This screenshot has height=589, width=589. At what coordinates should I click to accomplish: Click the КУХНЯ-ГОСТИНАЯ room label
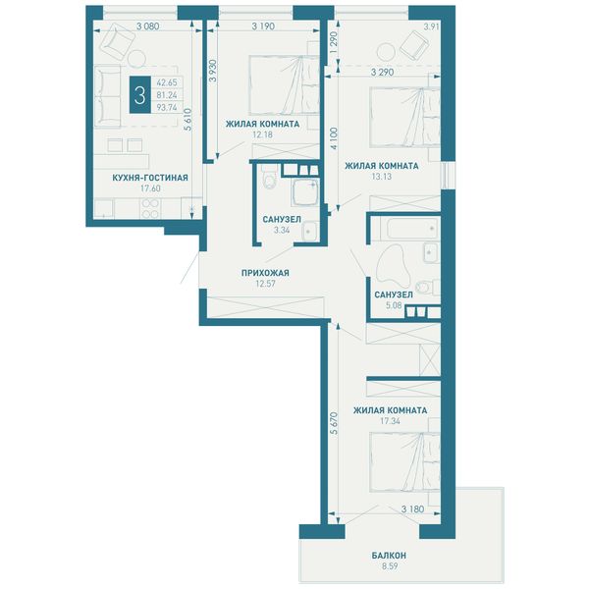[x=150, y=178]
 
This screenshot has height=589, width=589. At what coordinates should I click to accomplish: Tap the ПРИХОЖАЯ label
[x=265, y=273]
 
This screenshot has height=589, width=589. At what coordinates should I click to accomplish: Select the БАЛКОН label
[x=389, y=556]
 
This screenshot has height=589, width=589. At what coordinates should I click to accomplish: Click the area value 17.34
[x=390, y=421]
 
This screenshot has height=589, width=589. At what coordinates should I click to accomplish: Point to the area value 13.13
[x=381, y=177]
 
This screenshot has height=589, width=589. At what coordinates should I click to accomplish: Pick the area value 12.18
[x=262, y=134]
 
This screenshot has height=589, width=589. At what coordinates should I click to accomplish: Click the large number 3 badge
[x=140, y=94]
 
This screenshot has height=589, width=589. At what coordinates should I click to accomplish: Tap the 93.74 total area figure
[x=167, y=107]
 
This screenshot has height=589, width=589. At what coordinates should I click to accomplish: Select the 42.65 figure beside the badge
[x=167, y=82]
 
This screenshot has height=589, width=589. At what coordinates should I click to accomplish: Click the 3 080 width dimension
[x=147, y=27]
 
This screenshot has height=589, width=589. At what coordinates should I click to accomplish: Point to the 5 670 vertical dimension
[x=334, y=423]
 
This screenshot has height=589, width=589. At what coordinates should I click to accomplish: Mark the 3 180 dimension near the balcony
[x=412, y=509]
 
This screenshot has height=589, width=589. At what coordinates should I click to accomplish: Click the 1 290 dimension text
[x=335, y=43]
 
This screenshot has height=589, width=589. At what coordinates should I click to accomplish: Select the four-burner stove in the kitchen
[x=150, y=208]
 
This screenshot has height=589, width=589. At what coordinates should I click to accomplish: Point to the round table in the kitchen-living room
[x=136, y=59]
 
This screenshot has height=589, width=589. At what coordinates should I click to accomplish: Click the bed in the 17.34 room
[x=404, y=462]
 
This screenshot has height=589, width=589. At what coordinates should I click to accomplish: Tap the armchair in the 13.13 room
[x=414, y=45]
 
